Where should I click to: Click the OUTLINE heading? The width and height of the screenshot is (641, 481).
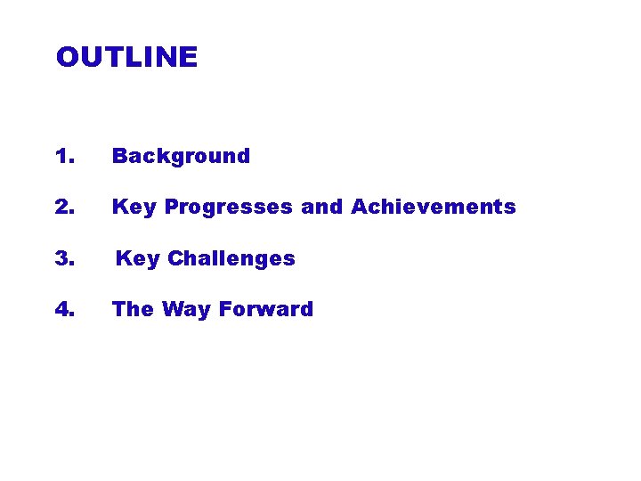(x=126, y=58)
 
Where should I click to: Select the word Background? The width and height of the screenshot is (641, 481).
(x=181, y=157)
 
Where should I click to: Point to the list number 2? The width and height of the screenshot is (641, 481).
(x=64, y=208)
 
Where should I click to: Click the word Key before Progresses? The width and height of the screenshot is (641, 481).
(x=134, y=208)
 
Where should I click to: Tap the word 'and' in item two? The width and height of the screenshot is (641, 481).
(x=321, y=208)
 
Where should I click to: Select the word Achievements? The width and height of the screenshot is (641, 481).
(x=434, y=208)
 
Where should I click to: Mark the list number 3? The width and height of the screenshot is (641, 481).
(x=64, y=259)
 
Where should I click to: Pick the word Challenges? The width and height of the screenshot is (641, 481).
(x=231, y=259)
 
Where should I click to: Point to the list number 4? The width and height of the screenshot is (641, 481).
(x=64, y=310)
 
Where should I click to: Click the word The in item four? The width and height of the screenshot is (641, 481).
(x=133, y=310)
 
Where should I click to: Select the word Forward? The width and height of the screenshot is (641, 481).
(x=266, y=310)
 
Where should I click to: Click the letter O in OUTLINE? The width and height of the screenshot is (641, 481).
(x=68, y=58)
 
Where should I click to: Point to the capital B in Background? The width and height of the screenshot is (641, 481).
(x=119, y=157)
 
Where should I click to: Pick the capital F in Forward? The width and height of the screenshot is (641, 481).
(x=224, y=310)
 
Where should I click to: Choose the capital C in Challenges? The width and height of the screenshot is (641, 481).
(x=175, y=259)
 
